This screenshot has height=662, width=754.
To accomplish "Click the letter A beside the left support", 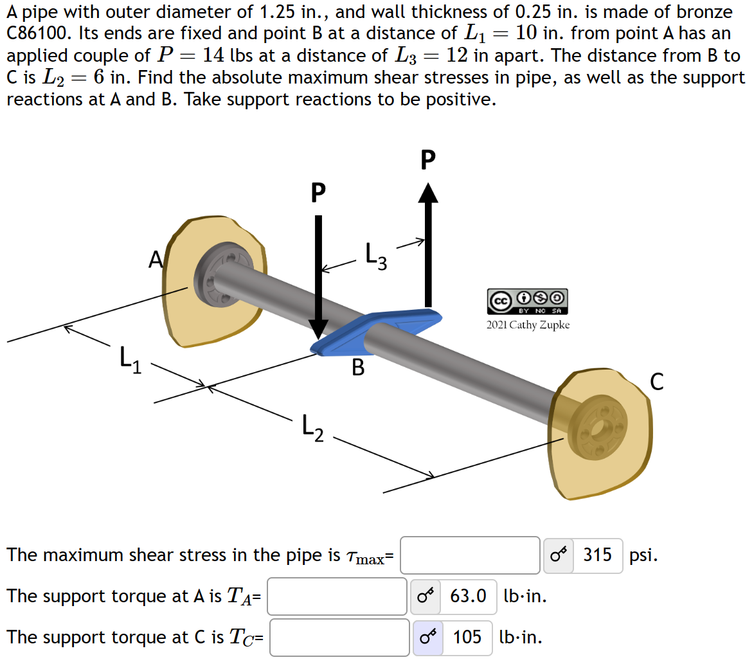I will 155,259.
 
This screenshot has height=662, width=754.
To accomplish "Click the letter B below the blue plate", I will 358,368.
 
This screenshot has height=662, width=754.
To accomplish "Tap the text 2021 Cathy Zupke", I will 528,325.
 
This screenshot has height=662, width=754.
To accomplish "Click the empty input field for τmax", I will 470,555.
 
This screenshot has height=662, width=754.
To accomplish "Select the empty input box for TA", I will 337,596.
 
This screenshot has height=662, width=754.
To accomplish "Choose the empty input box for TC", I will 339,638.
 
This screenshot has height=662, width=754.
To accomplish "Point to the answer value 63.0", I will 468,596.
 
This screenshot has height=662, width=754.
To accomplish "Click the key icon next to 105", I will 427,638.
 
